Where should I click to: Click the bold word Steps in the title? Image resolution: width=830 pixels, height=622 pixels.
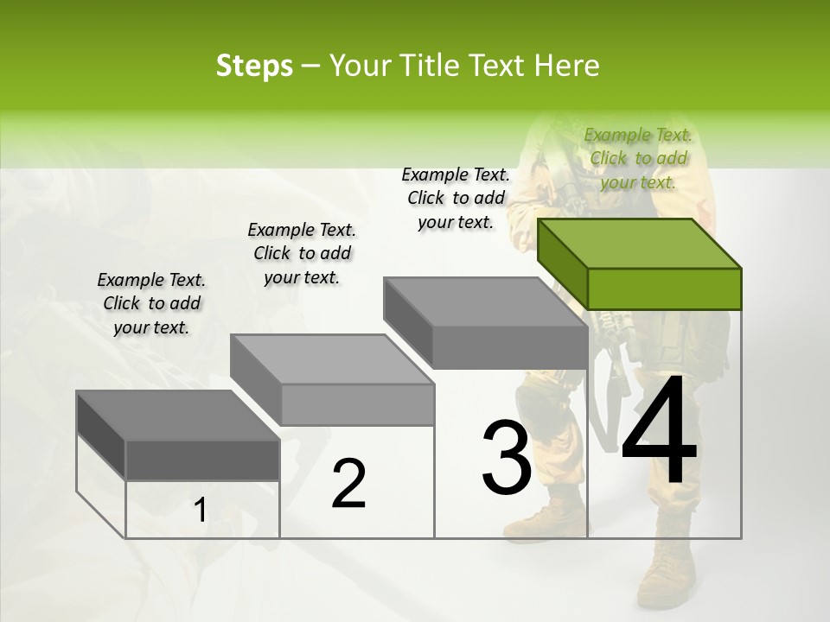coord(254,66)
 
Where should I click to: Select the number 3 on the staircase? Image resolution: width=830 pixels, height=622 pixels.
coord(506,457)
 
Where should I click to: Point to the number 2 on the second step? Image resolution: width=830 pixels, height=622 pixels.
coord(348,483)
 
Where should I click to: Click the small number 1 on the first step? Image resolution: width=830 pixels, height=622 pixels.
coord(200,511)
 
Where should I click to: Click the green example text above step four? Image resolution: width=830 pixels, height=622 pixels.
coord(638,158)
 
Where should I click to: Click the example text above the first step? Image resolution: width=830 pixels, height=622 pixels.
coord(151,303)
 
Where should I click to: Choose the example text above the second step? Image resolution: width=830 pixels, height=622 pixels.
coord(302,253)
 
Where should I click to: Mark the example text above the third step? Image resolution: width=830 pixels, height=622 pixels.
coord(456,198)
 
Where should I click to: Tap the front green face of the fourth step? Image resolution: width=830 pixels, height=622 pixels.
coord(664,289)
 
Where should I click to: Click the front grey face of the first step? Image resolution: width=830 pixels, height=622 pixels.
coord(202,460)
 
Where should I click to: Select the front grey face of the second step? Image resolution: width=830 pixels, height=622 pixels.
coord(357,404)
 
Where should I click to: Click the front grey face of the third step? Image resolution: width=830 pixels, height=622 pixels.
coord(510,347)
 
